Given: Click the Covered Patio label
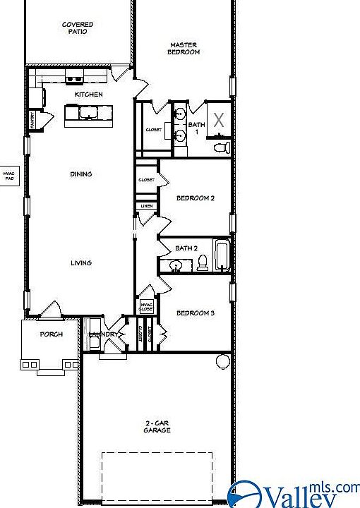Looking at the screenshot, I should coord(78,28).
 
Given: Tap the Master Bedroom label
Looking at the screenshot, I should coord(184,48).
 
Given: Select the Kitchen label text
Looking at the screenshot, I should coord(89,94).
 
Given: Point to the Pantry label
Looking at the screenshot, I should coord(32,121).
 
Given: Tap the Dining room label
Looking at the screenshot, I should coord(80,174).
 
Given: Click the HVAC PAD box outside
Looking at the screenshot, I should coord(9,176).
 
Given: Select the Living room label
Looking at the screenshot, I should coord(80,263).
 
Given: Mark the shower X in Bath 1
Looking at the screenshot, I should coord(220,119).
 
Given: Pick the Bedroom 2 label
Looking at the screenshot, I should coord(195,198).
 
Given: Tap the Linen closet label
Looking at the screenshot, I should coord(146,206).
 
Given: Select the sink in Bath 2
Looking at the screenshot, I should coord(176,265).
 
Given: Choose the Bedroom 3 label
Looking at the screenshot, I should coord(195,313).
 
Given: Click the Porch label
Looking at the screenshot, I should coord(52,334).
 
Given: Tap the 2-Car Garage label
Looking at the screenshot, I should coord(157,426).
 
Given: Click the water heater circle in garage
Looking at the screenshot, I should coord(222,362).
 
